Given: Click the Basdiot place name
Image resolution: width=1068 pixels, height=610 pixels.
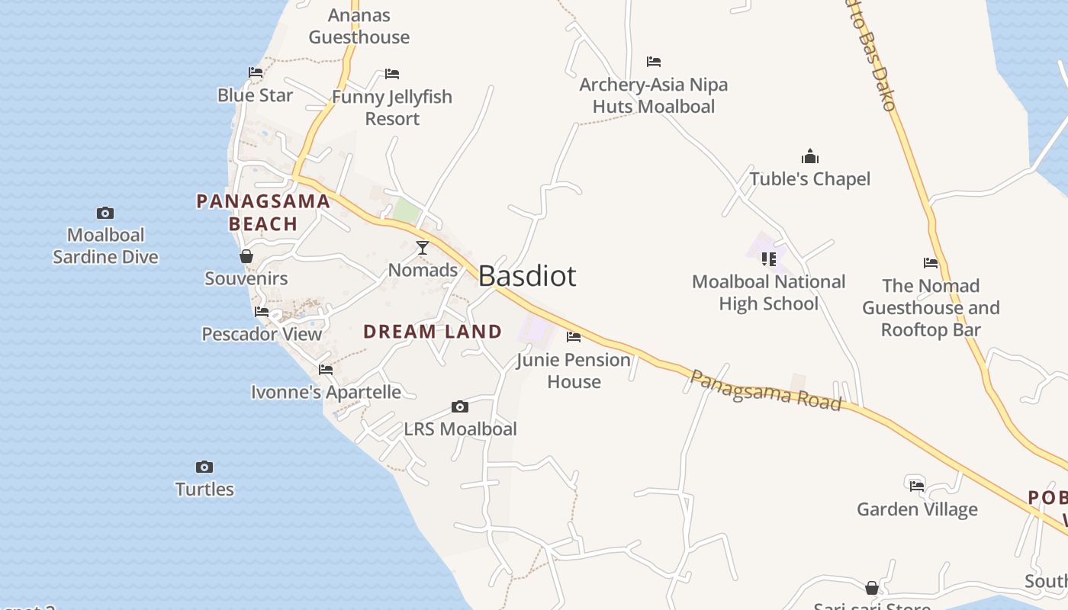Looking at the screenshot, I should tap(527, 276).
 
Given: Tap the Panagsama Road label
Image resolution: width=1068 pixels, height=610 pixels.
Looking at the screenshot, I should tap(765, 390).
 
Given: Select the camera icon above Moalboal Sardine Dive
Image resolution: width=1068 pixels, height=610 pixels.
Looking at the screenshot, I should tap(105, 213).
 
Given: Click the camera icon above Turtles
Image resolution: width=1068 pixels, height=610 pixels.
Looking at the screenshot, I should tap(204, 467).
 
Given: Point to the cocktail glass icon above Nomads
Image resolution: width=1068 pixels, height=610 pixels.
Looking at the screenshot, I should tap(422, 247).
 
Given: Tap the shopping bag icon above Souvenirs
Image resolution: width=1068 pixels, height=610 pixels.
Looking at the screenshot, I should tap(246, 256).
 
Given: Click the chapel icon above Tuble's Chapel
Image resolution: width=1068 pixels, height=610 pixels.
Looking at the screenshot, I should tap(809, 157).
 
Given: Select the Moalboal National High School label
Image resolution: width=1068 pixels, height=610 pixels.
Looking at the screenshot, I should tap(768, 293).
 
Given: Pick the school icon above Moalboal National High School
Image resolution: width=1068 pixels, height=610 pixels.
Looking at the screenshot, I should tap(768, 258).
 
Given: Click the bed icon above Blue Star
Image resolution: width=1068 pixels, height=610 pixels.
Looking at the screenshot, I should tap(256, 72).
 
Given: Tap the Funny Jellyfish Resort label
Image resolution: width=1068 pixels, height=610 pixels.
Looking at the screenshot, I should tap(392, 108).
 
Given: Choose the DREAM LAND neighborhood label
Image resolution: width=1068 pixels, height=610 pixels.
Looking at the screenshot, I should tap(433, 332).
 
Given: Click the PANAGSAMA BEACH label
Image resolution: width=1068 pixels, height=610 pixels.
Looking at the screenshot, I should tap(263, 213).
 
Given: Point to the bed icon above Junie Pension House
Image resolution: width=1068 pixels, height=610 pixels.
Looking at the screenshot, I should tap(574, 336).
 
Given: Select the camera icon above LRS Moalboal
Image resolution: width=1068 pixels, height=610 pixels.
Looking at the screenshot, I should tap(459, 406).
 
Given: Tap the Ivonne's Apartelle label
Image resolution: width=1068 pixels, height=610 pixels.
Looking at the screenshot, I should tap(326, 392).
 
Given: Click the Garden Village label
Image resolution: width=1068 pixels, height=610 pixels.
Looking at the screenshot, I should tap(917, 509).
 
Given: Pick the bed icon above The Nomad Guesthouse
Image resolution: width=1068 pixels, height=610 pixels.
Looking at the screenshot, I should tap(931, 263).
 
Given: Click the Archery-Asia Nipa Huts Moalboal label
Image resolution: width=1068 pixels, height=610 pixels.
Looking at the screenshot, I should tap(654, 95).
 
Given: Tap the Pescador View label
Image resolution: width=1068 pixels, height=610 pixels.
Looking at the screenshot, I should tap(262, 334).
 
